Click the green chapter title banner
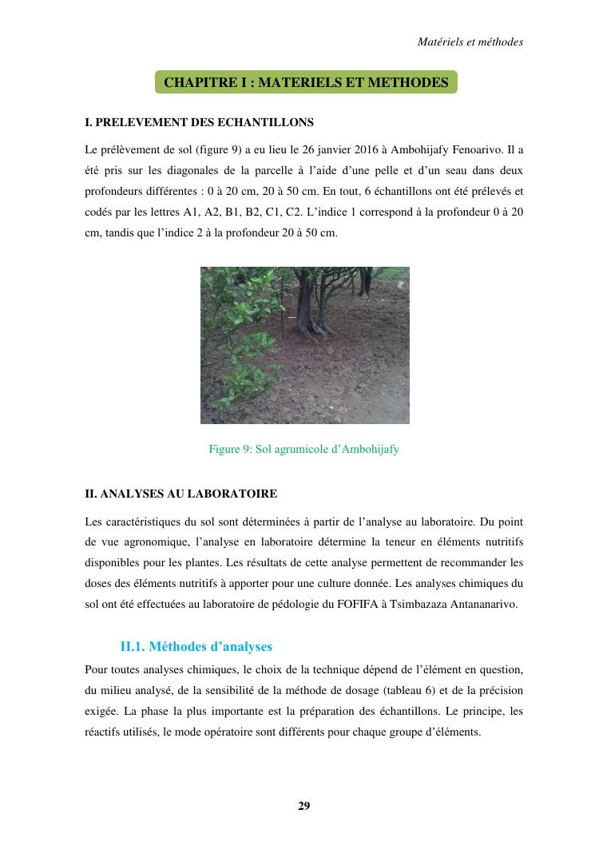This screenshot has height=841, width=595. (x=306, y=82)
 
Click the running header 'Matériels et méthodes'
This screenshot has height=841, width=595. (x=470, y=42)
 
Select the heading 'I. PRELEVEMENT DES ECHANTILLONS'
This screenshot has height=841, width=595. (x=199, y=123)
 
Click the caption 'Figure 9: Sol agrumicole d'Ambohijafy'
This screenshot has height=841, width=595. (x=303, y=449)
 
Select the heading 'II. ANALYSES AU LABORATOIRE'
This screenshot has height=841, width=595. (x=180, y=494)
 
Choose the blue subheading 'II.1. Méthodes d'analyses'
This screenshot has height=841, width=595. (x=196, y=645)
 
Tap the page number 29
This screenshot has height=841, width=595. (x=304, y=805)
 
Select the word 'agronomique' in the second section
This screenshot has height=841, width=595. (x=162, y=542)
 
